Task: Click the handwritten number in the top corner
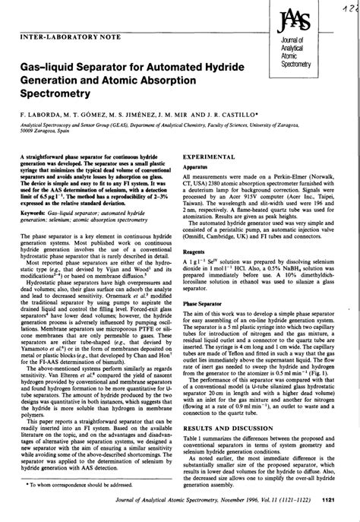347,7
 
